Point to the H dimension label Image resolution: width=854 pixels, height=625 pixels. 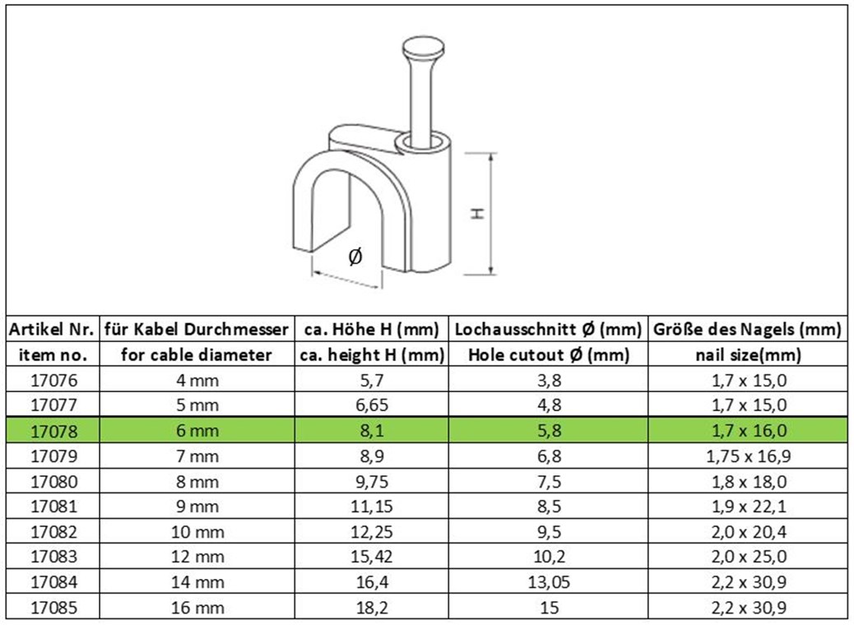coord(478,213)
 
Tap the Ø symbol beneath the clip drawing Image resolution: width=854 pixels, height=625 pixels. coord(355,257)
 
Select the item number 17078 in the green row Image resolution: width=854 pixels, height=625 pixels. coord(54,431)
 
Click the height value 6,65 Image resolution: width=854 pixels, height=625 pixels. coord(372,405)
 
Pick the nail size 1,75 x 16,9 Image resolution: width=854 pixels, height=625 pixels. coord(749,456)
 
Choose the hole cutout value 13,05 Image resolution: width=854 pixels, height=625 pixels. coord(549,582)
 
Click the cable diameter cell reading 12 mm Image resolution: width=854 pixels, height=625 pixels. coord(197,557)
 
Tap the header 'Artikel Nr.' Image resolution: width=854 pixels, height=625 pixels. coord(53,330)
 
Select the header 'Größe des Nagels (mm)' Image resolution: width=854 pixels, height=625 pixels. coord(748,330)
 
